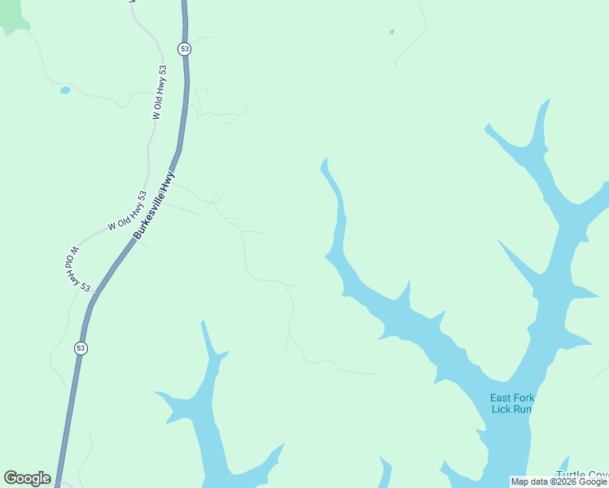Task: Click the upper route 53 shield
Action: click(x=185, y=49)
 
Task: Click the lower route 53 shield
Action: click(x=81, y=348)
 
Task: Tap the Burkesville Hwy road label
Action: click(x=154, y=205)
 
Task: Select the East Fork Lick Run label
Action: click(x=511, y=403)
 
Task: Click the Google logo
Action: click(x=27, y=478)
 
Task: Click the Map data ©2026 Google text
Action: click(x=559, y=481)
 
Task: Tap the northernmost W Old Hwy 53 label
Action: click(x=160, y=93)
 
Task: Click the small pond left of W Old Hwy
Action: click(x=65, y=90)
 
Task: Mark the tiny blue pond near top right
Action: click(x=392, y=33)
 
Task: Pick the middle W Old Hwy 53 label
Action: click(x=126, y=211)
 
